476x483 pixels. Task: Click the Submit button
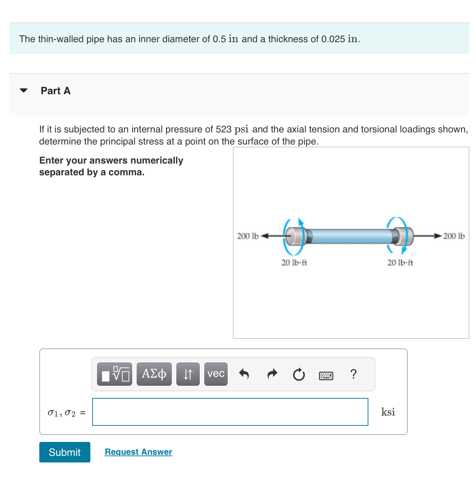tap(65, 452)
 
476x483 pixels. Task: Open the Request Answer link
tap(138, 452)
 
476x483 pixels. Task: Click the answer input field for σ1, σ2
tap(230, 412)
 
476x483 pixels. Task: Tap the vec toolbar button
tap(216, 374)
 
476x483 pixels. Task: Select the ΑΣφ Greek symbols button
tap(154, 374)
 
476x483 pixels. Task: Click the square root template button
tap(115, 374)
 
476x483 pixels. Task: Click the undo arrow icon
tap(244, 374)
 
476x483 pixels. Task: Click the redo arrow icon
tap(272, 374)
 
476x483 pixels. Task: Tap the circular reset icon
tap(299, 374)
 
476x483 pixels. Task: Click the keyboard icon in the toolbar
tap(326, 375)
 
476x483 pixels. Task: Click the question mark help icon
tap(353, 374)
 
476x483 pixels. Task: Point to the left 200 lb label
tap(248, 236)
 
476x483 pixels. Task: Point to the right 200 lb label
tap(454, 236)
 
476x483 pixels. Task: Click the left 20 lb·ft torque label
tap(294, 263)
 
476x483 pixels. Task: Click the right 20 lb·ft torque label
tap(400, 263)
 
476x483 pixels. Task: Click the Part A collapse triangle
tap(24, 91)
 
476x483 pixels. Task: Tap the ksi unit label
tap(388, 412)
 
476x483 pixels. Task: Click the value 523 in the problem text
tap(224, 129)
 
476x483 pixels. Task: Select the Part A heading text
tap(55, 91)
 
